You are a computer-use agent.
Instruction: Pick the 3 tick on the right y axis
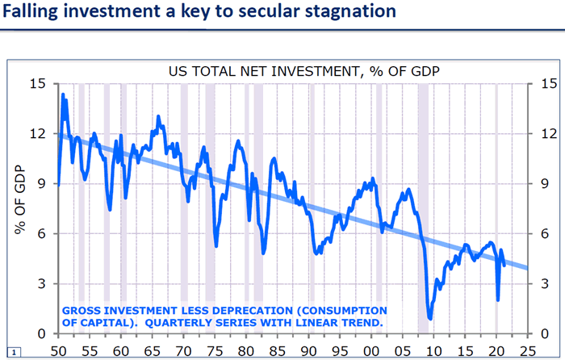(539, 284)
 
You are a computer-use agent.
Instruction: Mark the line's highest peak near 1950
(64, 94)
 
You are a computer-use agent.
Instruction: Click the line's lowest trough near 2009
(430, 318)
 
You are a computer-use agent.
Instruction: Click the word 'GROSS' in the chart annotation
(83, 310)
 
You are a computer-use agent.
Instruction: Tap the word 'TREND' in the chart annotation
(360, 322)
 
